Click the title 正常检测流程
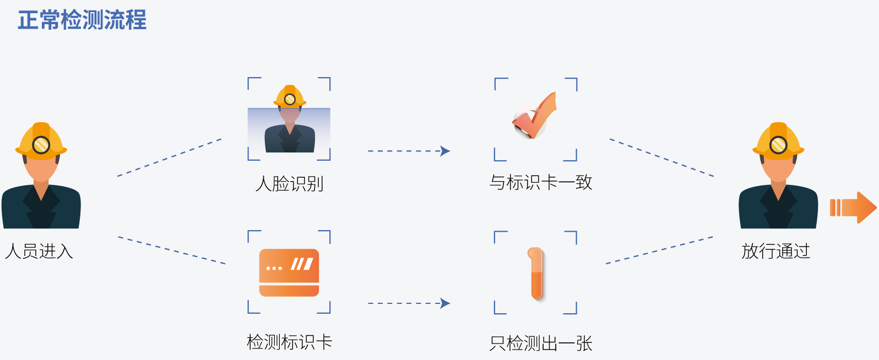[x=82, y=20]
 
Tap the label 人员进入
[x=39, y=251]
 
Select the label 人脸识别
[x=289, y=183]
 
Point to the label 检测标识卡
[x=289, y=342]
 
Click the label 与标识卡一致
[x=541, y=182]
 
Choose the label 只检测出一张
[x=541, y=343]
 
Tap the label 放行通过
[x=776, y=251]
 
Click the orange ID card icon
[x=289, y=272]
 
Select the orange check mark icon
[x=535, y=116]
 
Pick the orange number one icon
[x=536, y=274]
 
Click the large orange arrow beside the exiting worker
[x=853, y=208]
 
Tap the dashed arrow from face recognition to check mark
[x=409, y=151]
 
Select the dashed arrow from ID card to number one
[x=409, y=303]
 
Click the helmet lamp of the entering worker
[x=41, y=145]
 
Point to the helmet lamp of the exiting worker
[x=778, y=145]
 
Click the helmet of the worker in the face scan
[x=290, y=96]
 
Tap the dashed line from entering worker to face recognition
[x=170, y=157]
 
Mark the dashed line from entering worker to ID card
[x=172, y=250]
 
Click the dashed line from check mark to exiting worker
[x=662, y=157]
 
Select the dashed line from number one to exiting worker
[x=660, y=250]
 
